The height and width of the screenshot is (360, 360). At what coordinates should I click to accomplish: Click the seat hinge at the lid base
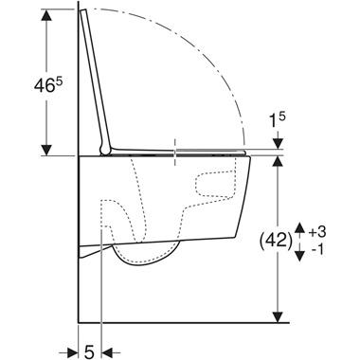point(102,148)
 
